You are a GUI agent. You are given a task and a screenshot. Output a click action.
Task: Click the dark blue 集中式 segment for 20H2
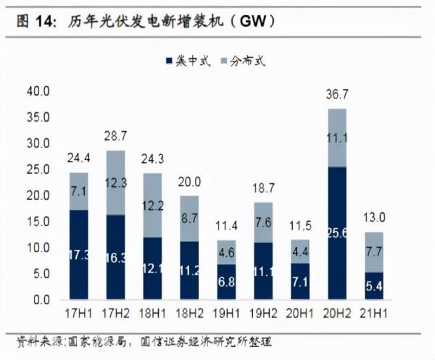[x=338, y=233]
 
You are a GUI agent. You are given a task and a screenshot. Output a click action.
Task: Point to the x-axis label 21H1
[x=375, y=314]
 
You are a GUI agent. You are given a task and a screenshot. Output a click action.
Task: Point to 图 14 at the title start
[x=35, y=22]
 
